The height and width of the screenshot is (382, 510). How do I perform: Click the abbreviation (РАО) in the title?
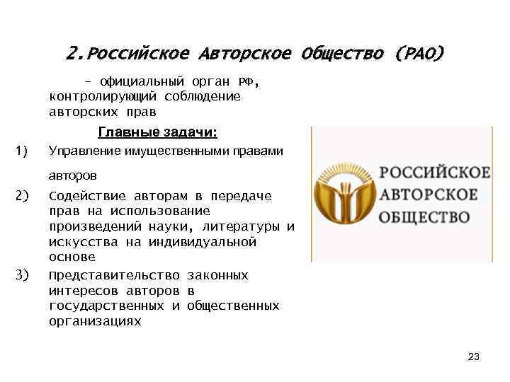pyautogui.click(x=420, y=54)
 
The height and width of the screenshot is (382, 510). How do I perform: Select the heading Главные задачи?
pyautogui.click(x=157, y=132)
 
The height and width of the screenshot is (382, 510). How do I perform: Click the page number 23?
pyautogui.click(x=474, y=357)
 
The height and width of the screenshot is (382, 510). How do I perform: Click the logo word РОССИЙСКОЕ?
pyautogui.click(x=435, y=173)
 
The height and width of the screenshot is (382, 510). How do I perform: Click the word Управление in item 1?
pyautogui.click(x=84, y=151)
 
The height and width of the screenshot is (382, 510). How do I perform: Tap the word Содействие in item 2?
pyautogui.click(x=81, y=196)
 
